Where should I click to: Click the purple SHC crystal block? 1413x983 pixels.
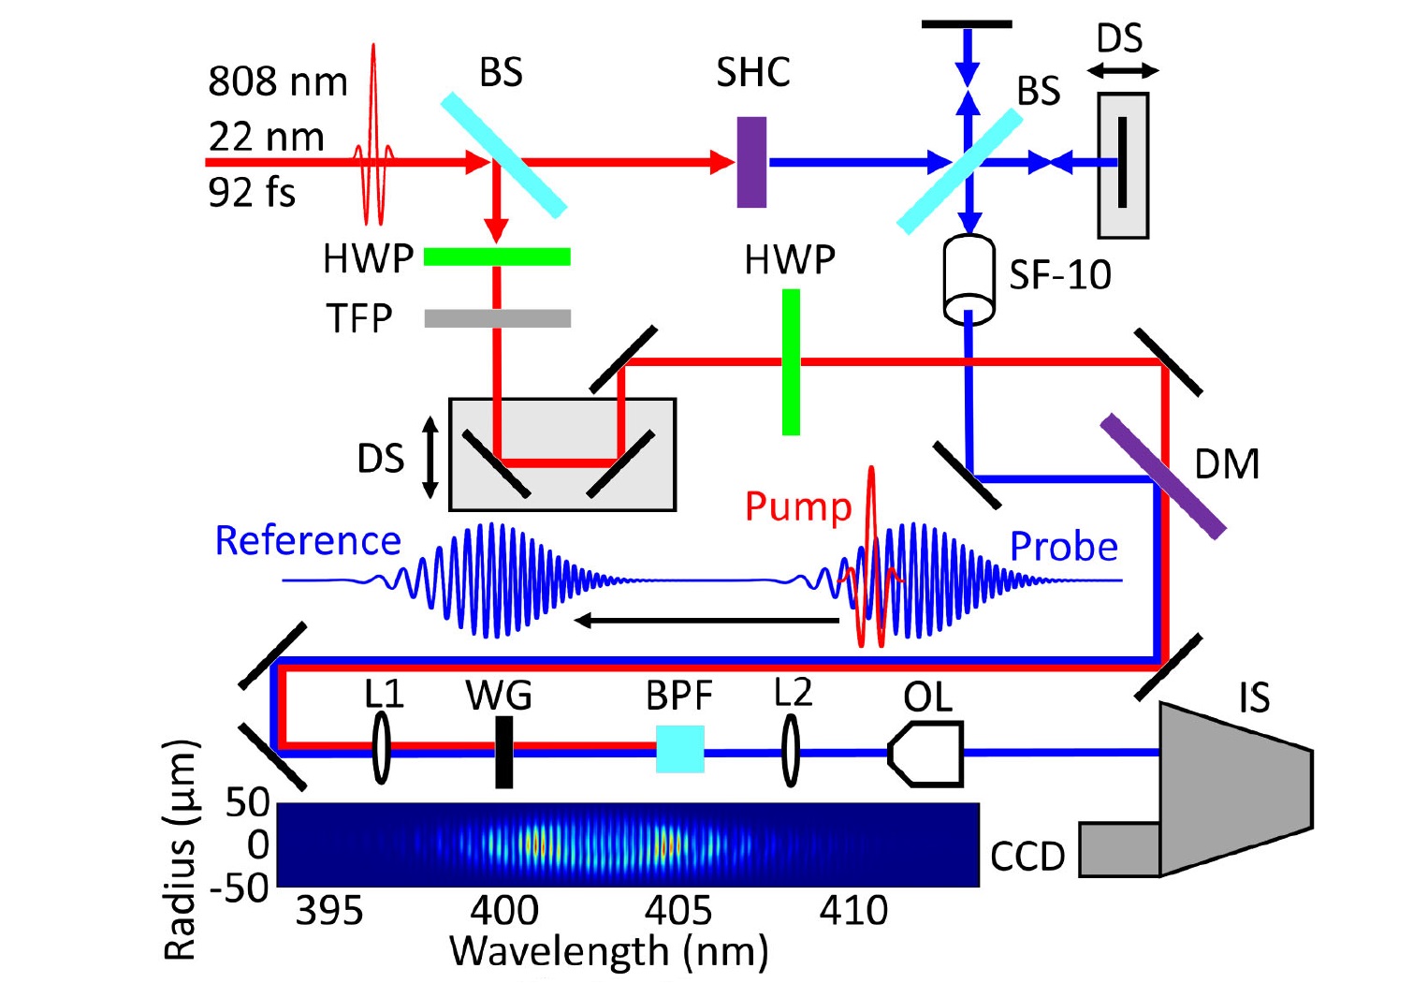752,162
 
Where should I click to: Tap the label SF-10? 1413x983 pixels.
1059,275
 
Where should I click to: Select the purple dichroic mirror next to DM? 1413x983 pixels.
1163,477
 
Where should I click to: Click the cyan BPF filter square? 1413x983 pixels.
680,749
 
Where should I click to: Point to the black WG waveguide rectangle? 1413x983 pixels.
504,752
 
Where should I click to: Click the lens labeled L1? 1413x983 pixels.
381,748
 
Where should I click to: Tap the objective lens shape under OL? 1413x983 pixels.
925,754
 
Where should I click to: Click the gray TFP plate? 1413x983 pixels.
498,318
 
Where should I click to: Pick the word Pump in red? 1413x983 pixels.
798,507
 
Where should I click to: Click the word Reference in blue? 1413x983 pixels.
308,541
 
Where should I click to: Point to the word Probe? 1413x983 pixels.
1064,546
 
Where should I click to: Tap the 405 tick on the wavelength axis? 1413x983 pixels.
678,912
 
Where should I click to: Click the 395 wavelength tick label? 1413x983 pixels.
329,912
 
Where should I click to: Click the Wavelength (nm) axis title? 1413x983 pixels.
609,951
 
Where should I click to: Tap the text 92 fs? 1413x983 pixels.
252,193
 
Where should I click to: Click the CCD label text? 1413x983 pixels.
1027,857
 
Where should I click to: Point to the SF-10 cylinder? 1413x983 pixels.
969,279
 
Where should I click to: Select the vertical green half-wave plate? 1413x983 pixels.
791,362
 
